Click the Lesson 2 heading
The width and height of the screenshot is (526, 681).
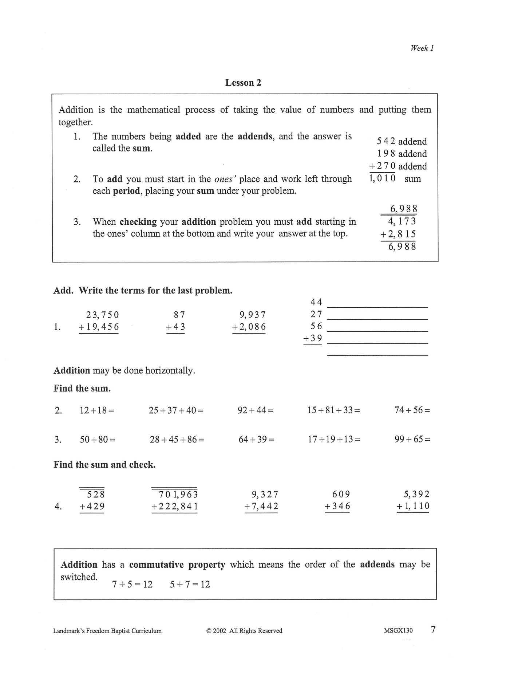coord(243,83)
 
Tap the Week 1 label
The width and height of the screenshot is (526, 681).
coord(422,48)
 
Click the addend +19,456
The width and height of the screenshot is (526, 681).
coord(99,327)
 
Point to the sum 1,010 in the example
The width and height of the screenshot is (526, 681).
coord(382,178)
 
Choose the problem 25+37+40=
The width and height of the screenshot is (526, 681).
coord(176,410)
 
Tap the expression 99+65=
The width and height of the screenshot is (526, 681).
coord(412,439)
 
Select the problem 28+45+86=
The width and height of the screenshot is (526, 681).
coord(177,440)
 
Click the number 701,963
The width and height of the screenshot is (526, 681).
coord(178,494)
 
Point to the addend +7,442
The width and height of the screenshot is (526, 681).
coord(261,506)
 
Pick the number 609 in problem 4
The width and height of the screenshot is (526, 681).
coord(341,494)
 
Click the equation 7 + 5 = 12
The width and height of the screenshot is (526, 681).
coord(132,584)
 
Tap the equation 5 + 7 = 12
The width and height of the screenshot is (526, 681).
coord(190,584)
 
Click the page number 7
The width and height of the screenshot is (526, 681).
coord(433,629)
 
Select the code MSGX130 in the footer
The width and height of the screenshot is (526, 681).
coord(398,631)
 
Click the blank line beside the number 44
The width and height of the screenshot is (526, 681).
coord(377,307)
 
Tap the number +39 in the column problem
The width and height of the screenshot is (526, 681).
coord(313,339)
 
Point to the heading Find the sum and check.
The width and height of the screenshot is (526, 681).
coord(104,465)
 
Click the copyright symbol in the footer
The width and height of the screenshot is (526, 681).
coord(209,631)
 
